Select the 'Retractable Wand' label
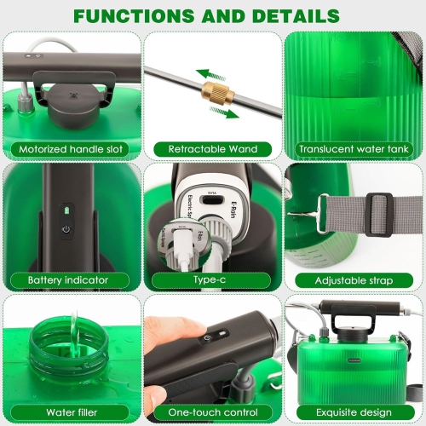pos(212,149)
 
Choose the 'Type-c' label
pos(212,279)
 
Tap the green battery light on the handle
pos(66,209)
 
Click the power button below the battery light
pos(66,229)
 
